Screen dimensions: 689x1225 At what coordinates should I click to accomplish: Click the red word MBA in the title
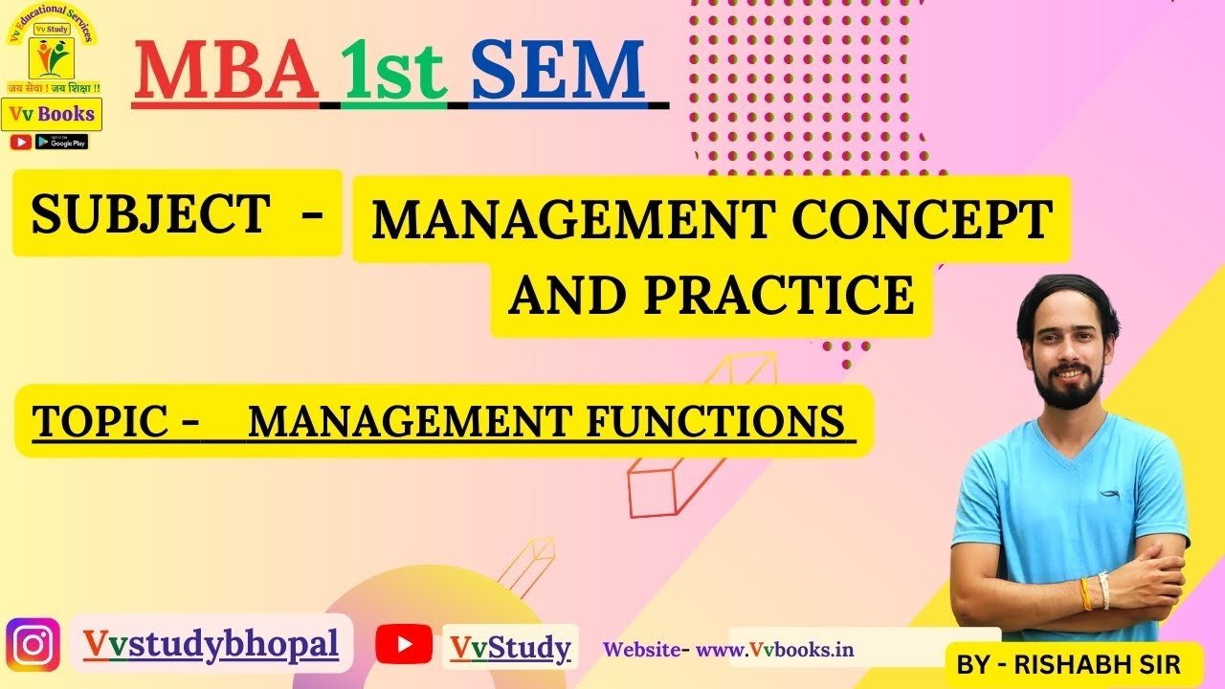tap(226, 71)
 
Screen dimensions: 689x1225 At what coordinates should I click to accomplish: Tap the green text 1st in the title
tap(394, 71)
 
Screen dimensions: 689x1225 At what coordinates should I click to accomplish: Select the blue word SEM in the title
tap(558, 71)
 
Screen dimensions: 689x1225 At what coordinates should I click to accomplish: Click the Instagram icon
tap(33, 645)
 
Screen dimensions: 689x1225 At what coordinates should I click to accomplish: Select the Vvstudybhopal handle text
tap(211, 644)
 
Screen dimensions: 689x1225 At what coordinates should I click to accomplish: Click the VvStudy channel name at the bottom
tap(511, 648)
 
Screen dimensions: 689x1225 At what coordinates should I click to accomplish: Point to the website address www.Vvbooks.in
tap(775, 649)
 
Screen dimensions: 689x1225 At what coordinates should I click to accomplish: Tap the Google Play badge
tap(61, 142)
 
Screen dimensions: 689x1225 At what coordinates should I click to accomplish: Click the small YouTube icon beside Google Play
tap(20, 142)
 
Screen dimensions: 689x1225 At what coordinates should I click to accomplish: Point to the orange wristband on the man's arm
tap(1085, 593)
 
